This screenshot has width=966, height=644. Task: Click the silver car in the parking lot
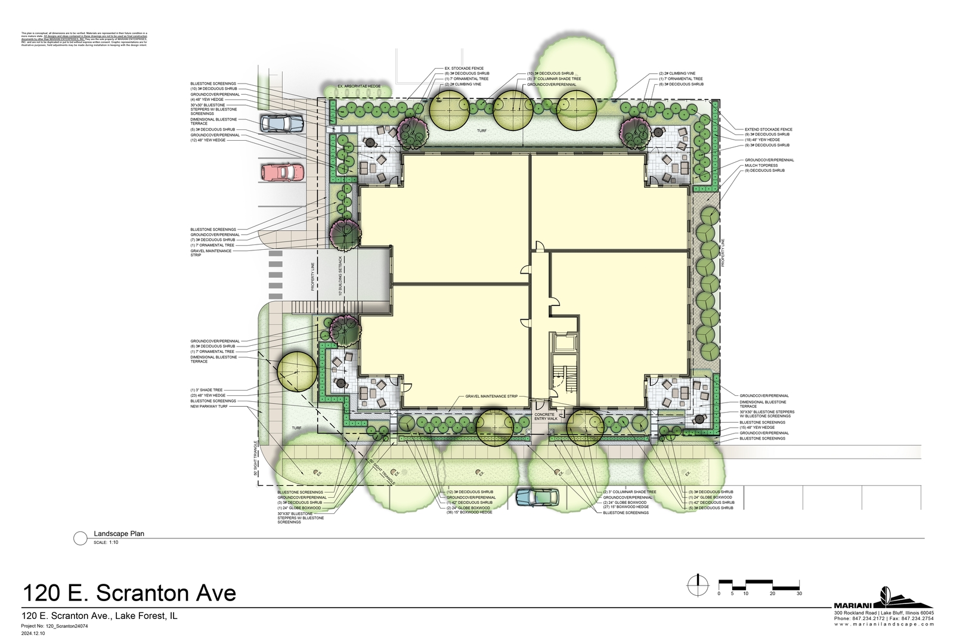(x=282, y=124)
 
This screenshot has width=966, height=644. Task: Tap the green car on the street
(x=537, y=496)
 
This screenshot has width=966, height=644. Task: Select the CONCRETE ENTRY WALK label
(x=546, y=416)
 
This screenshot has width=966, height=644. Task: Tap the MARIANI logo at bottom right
(x=883, y=599)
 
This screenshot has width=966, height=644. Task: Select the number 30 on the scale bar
(x=799, y=593)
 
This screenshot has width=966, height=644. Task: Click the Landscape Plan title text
(x=119, y=534)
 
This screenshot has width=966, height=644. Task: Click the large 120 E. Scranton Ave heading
(x=129, y=593)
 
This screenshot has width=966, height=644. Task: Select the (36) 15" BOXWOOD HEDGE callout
(x=469, y=512)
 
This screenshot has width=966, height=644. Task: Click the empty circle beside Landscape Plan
(x=80, y=538)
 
